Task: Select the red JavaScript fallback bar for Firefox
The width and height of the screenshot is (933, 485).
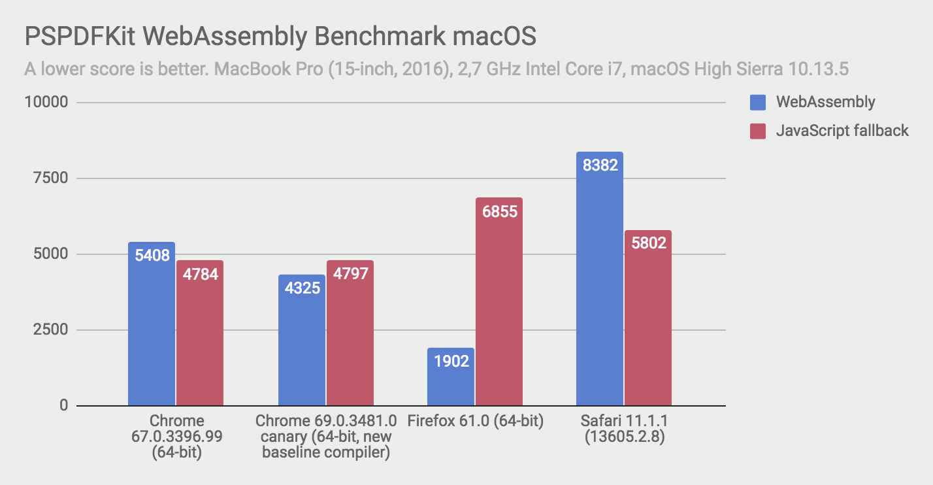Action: [x=499, y=301]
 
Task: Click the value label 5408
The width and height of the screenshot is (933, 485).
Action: [x=152, y=256]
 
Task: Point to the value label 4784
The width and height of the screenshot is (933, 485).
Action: [x=199, y=273]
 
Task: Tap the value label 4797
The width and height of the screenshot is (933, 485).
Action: [x=350, y=273]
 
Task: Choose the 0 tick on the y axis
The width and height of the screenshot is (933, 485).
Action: [x=63, y=406]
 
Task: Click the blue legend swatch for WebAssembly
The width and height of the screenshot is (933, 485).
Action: [x=757, y=102]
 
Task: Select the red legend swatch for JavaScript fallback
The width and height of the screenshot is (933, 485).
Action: [x=757, y=131]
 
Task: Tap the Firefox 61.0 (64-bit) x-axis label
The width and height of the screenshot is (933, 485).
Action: [x=475, y=421]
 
